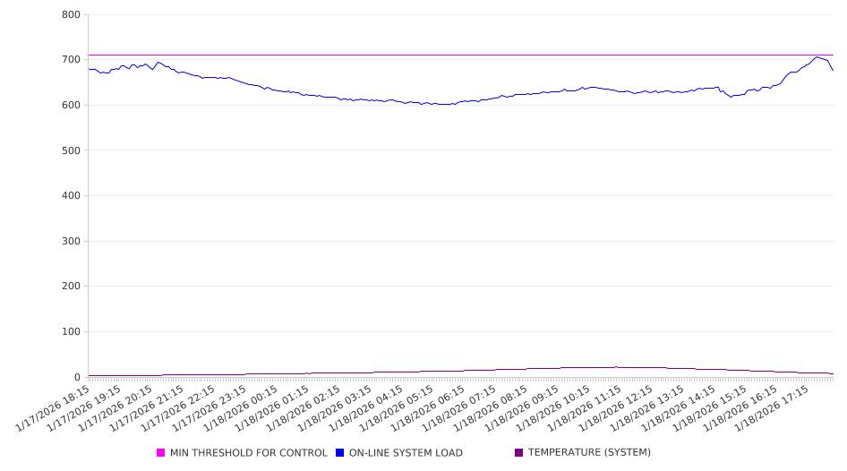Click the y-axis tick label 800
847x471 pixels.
pos(72,15)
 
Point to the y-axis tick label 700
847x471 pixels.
pos(72,60)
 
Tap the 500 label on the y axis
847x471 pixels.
pos(72,150)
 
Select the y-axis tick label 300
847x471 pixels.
pos(72,242)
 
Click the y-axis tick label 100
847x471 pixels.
pos(72,332)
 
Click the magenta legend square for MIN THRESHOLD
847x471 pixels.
pos(161,453)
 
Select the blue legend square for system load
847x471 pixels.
pos(340,453)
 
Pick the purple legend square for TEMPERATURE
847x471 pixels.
pos(519,453)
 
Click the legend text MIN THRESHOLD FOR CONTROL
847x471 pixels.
pos(248,453)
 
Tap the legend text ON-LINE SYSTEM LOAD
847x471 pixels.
pos(406,453)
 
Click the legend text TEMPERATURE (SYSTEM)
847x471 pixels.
pos(589,453)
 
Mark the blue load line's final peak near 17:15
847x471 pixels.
pos(817,57)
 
